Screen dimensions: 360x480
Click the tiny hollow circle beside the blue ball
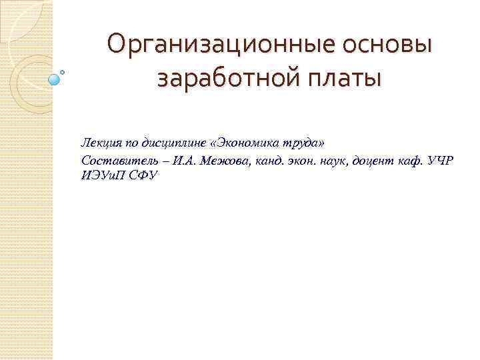(x=63, y=71)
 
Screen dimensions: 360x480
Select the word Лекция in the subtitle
(x=98, y=143)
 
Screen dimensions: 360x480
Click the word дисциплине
(x=165, y=143)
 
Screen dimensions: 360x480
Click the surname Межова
(x=228, y=161)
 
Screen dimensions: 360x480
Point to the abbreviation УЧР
(x=441, y=161)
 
